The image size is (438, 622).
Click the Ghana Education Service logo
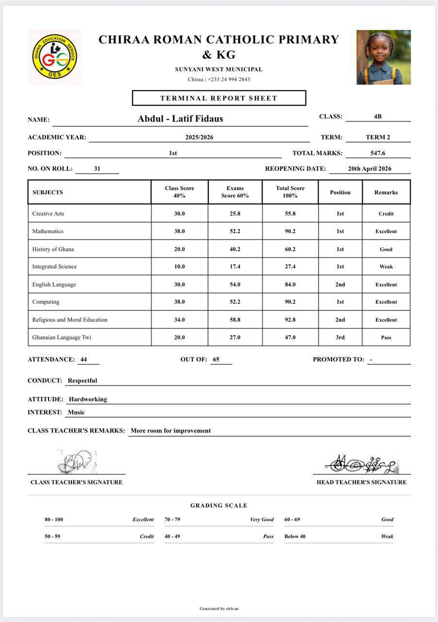(x=54, y=57)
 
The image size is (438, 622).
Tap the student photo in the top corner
(x=384, y=57)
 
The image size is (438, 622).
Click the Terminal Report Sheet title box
(x=219, y=98)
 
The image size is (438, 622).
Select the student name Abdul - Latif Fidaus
(x=180, y=119)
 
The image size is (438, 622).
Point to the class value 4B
(x=378, y=117)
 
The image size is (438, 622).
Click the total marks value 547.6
(x=378, y=153)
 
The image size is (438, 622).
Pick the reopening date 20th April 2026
(x=370, y=169)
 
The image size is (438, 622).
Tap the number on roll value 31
(x=97, y=169)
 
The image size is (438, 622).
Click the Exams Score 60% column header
(x=235, y=192)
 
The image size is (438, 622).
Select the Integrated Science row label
(x=54, y=267)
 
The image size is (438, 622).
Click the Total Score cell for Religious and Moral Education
(x=290, y=320)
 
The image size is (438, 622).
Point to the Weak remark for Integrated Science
(x=386, y=267)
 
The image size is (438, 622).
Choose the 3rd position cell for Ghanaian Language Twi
(x=340, y=337)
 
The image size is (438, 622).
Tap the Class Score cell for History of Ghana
(x=179, y=249)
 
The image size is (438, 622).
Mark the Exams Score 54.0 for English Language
(x=235, y=285)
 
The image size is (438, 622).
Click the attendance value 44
(x=84, y=360)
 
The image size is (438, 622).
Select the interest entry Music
(x=76, y=413)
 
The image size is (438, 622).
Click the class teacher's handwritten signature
(x=76, y=462)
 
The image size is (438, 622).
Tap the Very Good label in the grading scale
(x=262, y=519)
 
